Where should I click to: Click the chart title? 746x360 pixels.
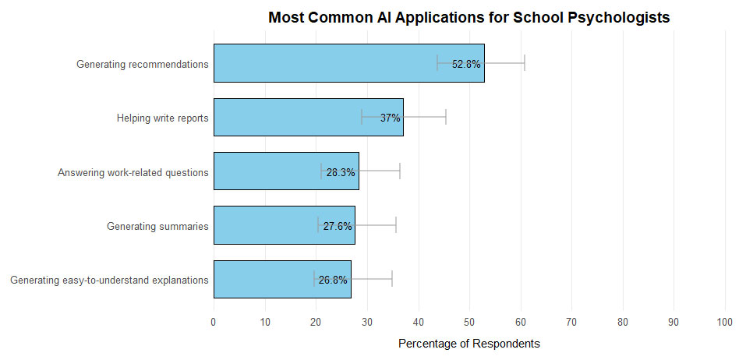click(468, 18)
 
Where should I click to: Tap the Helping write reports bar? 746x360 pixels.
click(296, 118)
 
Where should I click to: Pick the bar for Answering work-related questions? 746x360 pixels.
click(265, 172)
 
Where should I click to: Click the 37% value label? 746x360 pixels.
click(390, 118)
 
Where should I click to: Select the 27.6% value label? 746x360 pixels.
click(338, 226)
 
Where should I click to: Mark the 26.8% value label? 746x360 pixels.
click(333, 280)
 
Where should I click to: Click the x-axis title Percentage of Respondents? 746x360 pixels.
click(468, 344)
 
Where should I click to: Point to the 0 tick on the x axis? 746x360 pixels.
click(214, 321)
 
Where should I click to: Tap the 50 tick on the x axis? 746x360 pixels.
click(469, 321)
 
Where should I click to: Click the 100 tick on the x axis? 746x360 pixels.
click(725, 321)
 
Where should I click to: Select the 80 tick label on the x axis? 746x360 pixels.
click(623, 321)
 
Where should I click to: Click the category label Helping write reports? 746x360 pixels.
click(162, 118)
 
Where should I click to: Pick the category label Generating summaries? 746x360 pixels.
click(157, 227)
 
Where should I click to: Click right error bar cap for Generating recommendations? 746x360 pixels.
click(525, 64)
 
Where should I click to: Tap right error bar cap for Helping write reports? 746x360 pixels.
click(446, 118)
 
